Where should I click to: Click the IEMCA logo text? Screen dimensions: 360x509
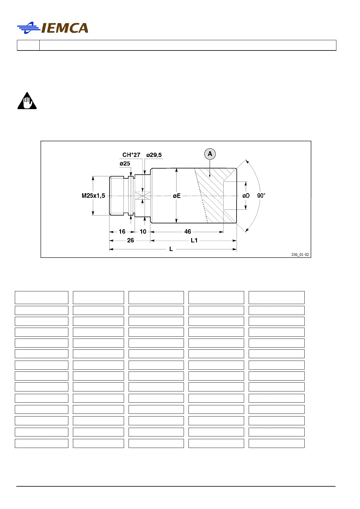pos(64,28)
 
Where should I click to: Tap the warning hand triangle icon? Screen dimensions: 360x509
pos(27,101)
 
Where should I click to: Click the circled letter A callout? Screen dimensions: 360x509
pos(210,154)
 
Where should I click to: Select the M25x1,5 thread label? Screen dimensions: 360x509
pos(93,196)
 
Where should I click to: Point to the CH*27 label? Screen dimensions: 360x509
pos(131,155)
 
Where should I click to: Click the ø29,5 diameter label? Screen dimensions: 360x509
pos(154,155)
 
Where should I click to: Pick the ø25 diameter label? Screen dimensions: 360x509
pos(125,164)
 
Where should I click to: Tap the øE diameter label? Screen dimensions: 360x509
pos(177,196)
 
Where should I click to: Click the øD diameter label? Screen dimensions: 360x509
pos(246,196)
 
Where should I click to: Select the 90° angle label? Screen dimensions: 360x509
pos(261,196)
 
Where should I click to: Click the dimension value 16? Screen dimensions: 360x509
pos(122,232)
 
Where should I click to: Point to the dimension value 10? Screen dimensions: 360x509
pos(143,232)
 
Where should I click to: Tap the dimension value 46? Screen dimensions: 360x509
pos(188,232)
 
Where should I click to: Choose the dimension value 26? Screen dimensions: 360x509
pos(130,240)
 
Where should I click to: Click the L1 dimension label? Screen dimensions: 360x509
pos(194,240)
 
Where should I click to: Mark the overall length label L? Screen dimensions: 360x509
pos(171,249)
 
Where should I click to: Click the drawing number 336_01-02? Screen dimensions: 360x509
pos(300,254)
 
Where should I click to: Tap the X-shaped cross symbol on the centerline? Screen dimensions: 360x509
pos(142,196)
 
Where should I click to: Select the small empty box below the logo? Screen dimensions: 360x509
pos(28,45)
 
